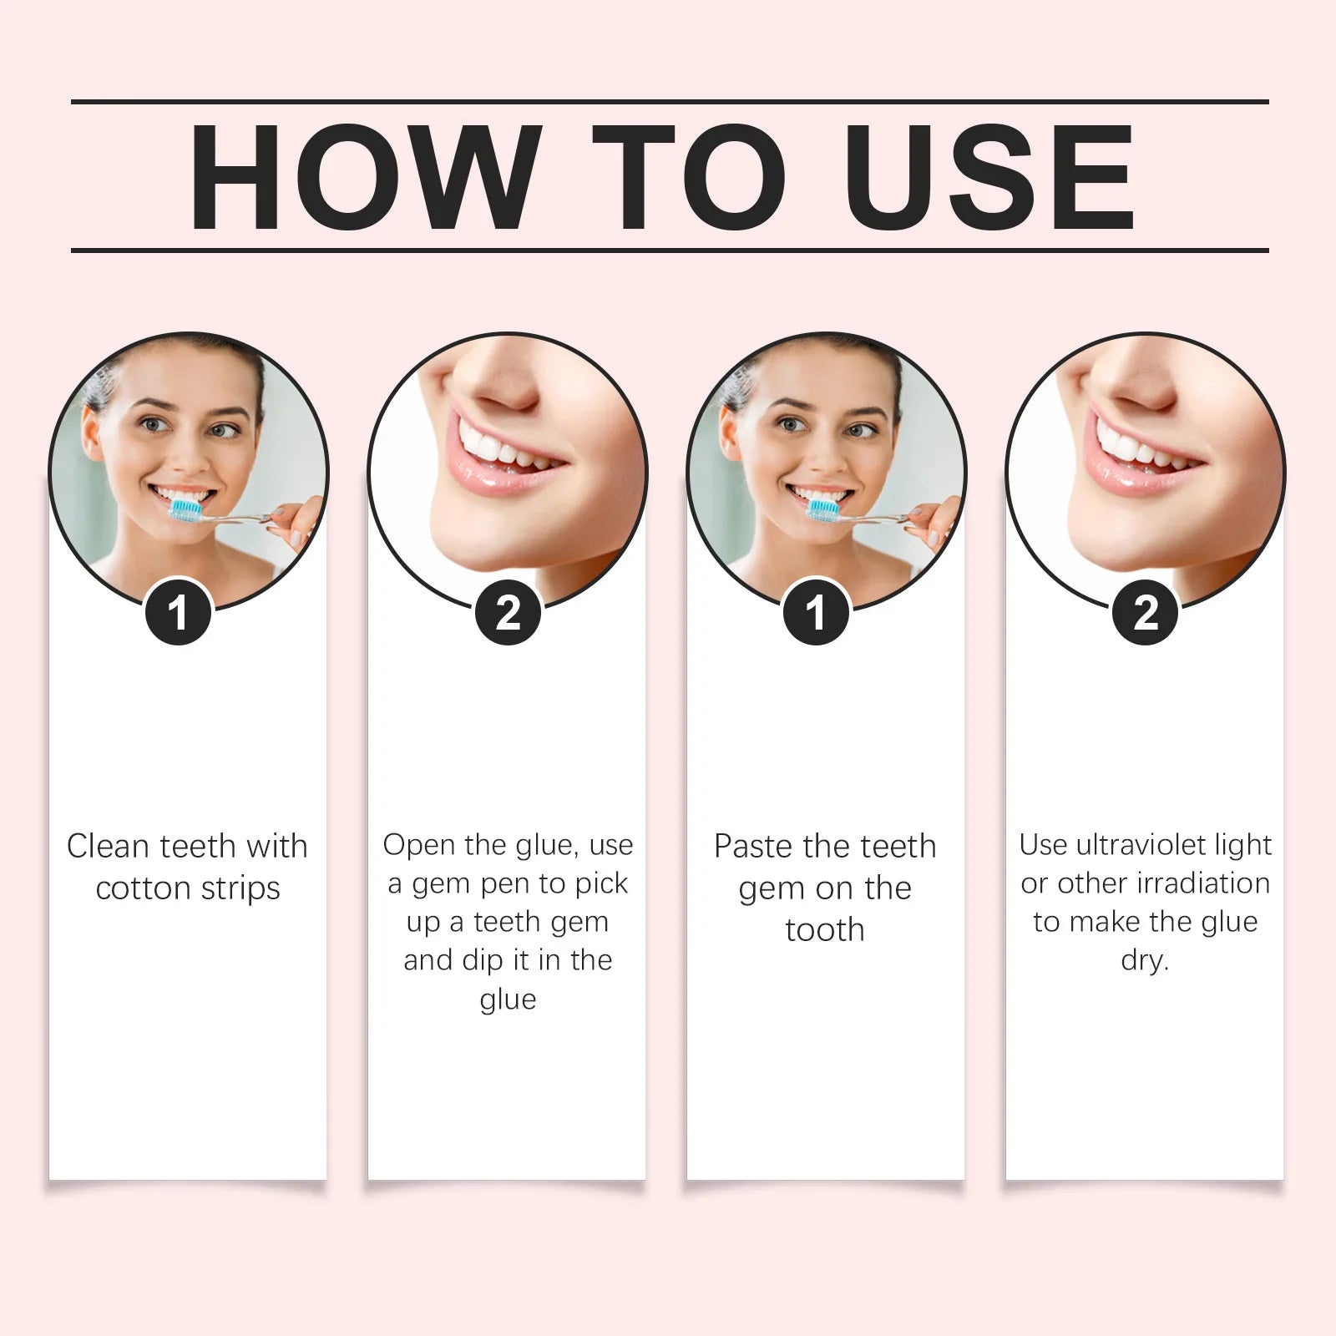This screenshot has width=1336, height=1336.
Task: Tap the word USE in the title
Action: (990, 176)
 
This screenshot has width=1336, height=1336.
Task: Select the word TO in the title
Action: (689, 176)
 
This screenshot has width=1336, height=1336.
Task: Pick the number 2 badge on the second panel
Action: (508, 613)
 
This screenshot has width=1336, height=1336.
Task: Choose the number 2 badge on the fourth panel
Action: (1146, 613)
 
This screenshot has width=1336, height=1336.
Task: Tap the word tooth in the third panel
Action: (825, 929)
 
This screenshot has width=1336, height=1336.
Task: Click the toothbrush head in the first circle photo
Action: (186, 509)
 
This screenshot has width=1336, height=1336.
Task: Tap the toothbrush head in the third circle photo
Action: (823, 509)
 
